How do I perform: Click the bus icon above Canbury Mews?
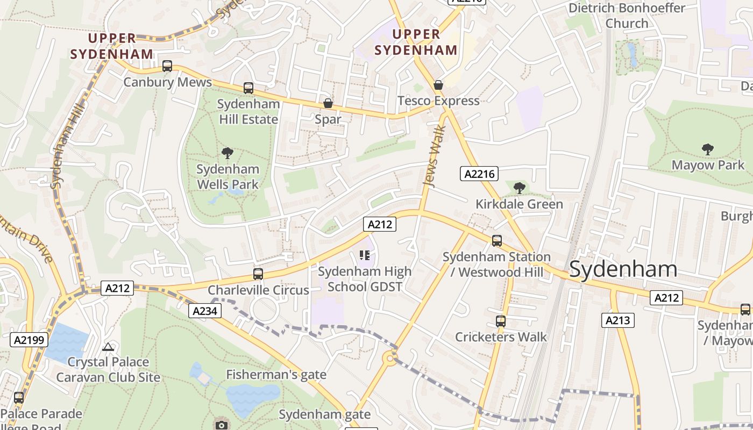tap(167, 66)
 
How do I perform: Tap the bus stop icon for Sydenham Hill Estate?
tap(248, 88)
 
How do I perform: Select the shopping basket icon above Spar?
tap(328, 103)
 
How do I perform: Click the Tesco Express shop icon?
tap(438, 85)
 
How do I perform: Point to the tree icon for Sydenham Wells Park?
tap(228, 153)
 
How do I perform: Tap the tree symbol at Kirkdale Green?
tap(519, 188)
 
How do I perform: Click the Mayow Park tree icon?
tap(708, 149)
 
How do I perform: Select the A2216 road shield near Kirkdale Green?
tap(479, 174)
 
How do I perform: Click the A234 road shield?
tap(205, 311)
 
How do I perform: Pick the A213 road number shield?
tap(617, 321)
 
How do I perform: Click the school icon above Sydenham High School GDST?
tap(365, 255)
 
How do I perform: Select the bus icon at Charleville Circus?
tap(258, 274)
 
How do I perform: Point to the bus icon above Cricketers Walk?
tap(501, 321)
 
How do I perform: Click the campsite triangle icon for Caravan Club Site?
tap(108, 347)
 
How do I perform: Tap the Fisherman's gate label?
tap(276, 375)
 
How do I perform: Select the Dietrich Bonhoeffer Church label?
tap(627, 16)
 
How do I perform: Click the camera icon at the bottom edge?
tap(221, 425)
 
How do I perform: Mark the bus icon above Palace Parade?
tap(19, 398)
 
